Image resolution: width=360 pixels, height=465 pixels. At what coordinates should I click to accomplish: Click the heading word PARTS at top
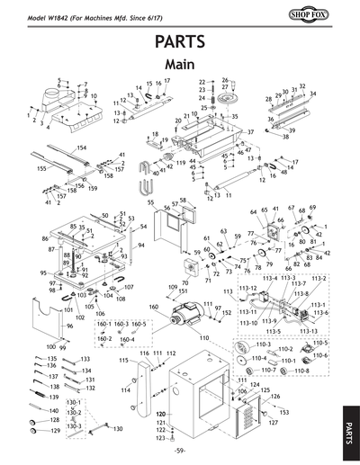coord(180,42)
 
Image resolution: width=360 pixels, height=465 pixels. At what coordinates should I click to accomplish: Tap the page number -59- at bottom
coord(180,450)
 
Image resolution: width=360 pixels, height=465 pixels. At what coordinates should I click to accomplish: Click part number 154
coord(81,148)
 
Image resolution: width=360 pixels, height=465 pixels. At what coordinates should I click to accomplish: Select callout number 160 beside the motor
coord(154,307)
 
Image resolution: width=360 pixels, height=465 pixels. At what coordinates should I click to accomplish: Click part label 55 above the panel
coord(151,203)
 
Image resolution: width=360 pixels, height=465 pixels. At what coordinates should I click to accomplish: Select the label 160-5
coord(139,323)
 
